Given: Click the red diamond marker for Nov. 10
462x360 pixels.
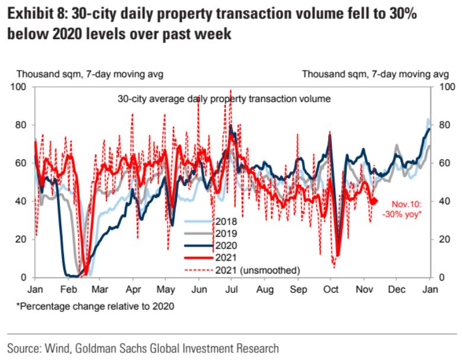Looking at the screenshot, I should click(374, 201).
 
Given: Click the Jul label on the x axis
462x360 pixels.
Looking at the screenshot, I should click(232, 290).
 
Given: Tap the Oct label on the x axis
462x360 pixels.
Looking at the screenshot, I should click(330, 290).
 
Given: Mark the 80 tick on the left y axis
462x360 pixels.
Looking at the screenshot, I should click(22, 125).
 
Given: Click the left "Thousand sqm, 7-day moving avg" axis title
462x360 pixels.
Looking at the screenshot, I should click(89, 74).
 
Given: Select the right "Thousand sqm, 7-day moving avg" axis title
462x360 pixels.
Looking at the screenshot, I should click(376, 74).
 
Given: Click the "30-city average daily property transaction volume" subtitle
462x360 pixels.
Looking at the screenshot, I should click(223, 98).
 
